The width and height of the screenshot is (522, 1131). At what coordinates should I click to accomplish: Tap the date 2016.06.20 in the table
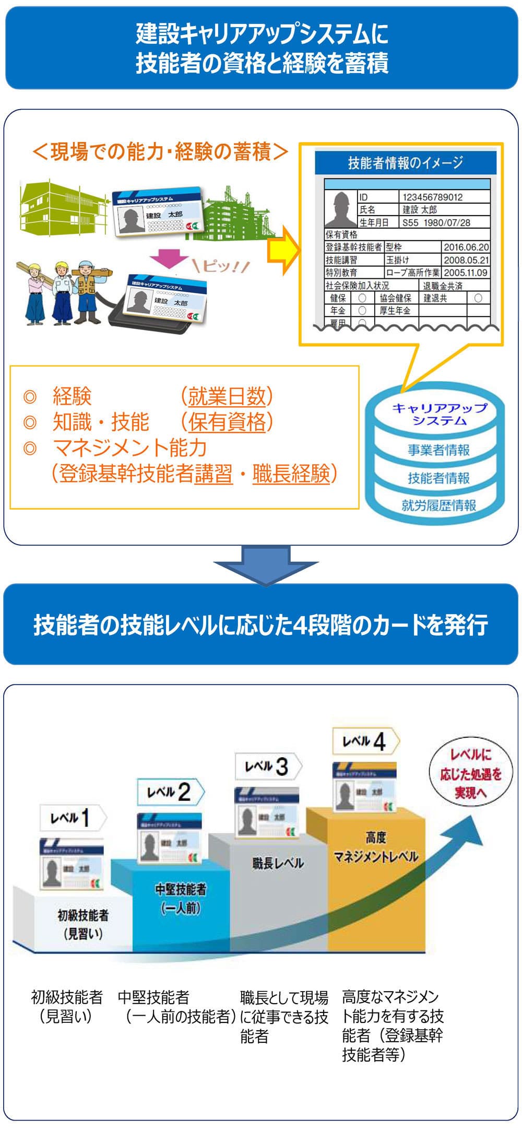coord(466,247)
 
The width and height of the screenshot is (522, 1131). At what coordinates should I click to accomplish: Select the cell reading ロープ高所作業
coord(412,272)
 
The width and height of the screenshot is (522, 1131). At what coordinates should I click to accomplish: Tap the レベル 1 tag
coord(73,818)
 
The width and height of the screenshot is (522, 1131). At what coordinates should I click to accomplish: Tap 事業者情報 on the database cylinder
coord(438,450)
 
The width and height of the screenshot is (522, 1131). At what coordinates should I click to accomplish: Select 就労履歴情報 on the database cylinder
coord(438,505)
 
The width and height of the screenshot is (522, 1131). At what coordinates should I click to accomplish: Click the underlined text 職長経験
coord(291,474)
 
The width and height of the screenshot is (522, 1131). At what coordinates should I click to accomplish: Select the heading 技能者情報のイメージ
coord(406,163)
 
